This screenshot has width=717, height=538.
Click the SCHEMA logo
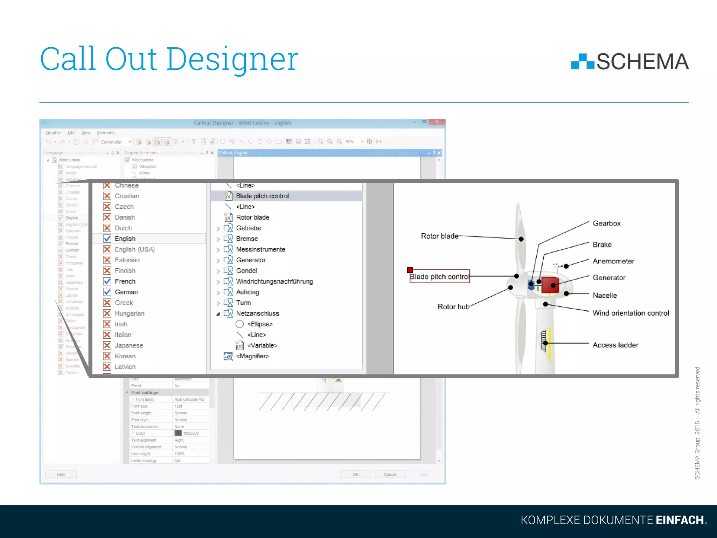click(630, 62)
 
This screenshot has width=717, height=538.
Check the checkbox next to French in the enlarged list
click(107, 281)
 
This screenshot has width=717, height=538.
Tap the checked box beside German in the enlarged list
click(107, 292)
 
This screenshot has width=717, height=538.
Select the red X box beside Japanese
click(107, 345)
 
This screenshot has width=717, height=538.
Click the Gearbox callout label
click(606, 223)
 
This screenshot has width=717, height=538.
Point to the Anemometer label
click(613, 261)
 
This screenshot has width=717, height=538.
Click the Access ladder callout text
click(615, 345)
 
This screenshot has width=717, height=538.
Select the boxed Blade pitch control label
click(439, 277)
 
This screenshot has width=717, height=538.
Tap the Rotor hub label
click(453, 307)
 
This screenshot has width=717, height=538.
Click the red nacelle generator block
click(550, 285)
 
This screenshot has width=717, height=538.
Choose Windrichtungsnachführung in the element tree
click(274, 282)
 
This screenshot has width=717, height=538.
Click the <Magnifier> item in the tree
click(252, 356)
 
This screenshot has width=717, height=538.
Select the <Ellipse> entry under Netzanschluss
click(259, 324)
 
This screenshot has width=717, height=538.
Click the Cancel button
click(390, 475)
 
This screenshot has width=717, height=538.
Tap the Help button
click(61, 475)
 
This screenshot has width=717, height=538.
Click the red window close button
click(437, 122)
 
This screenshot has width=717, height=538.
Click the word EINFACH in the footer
click(680, 520)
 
